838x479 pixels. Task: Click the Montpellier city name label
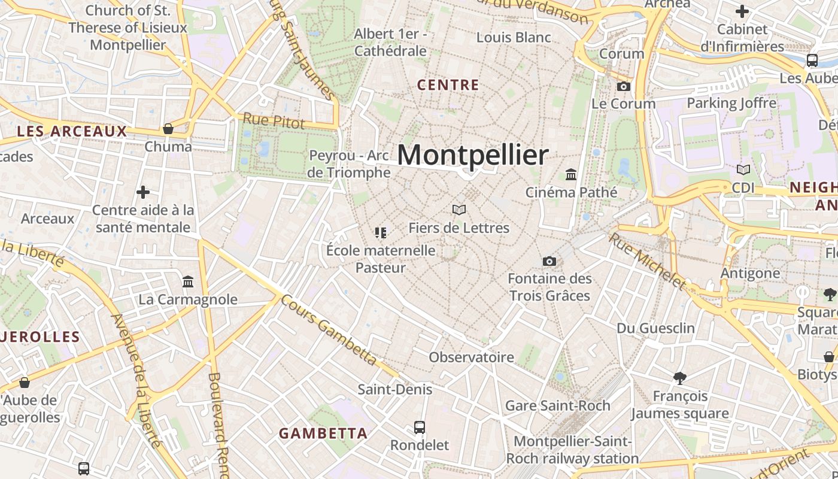pyautogui.click(x=472, y=155)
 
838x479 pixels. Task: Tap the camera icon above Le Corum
pyautogui.click(x=624, y=86)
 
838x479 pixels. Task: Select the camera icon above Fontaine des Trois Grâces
pyautogui.click(x=549, y=261)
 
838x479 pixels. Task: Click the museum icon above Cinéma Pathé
pyautogui.click(x=571, y=174)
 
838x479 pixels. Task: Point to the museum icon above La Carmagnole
pyautogui.click(x=188, y=281)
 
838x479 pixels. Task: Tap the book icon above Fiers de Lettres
pyautogui.click(x=459, y=210)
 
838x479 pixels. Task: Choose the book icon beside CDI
pyautogui.click(x=743, y=170)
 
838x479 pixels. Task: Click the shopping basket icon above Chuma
pyautogui.click(x=168, y=129)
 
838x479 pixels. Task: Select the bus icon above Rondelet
pyautogui.click(x=420, y=428)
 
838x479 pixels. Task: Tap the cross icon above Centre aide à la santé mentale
pyautogui.click(x=143, y=192)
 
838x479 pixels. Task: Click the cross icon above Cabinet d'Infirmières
pyautogui.click(x=742, y=11)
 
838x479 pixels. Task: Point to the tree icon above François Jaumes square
pyautogui.click(x=679, y=378)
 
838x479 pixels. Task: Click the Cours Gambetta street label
pyautogui.click(x=329, y=330)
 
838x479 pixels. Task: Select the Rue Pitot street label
pyautogui.click(x=274, y=120)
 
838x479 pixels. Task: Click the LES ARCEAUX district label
pyautogui.click(x=72, y=131)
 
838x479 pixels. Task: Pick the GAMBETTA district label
pyautogui.click(x=323, y=433)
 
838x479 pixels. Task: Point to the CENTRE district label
pyautogui.click(x=448, y=85)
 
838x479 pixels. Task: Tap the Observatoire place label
pyautogui.click(x=471, y=357)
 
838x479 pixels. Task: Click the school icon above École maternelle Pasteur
pyautogui.click(x=380, y=232)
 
